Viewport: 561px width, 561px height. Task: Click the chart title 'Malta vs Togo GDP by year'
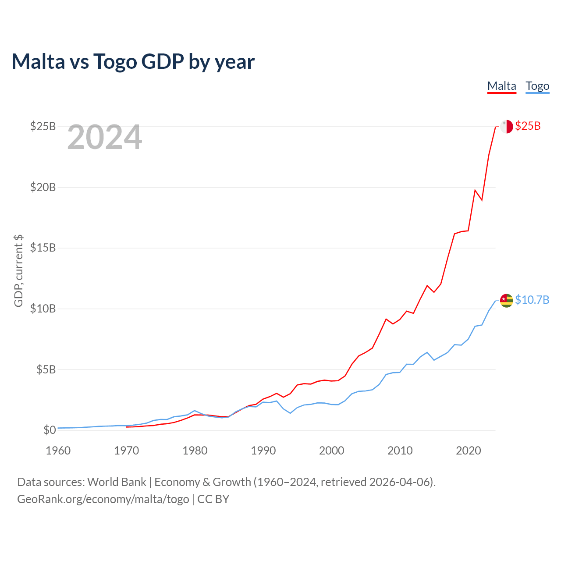point(133,61)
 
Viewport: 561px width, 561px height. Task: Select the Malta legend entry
point(502,86)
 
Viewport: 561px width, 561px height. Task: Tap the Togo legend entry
point(537,86)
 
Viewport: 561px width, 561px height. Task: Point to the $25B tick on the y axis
point(43,127)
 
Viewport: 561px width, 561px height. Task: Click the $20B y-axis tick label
point(43,188)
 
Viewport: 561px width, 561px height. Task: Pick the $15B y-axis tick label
point(43,248)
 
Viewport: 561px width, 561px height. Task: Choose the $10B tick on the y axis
point(43,309)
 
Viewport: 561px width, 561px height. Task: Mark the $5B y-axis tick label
point(46,369)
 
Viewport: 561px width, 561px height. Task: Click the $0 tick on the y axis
point(50,430)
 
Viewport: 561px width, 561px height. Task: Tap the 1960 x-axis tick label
point(58,451)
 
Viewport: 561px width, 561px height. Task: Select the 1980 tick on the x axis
point(195,451)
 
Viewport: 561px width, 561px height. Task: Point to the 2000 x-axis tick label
point(332,451)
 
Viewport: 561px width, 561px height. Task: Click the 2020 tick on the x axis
point(469,451)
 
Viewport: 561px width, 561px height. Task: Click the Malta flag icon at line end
point(506,127)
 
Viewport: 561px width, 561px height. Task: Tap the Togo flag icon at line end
point(506,301)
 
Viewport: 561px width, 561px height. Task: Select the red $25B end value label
point(528,126)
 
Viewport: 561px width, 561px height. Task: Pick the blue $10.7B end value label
point(532,300)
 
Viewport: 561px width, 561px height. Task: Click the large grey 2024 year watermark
point(105,138)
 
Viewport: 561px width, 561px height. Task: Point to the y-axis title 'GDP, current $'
point(18,270)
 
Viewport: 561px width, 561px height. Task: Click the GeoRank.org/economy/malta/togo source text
point(103,499)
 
